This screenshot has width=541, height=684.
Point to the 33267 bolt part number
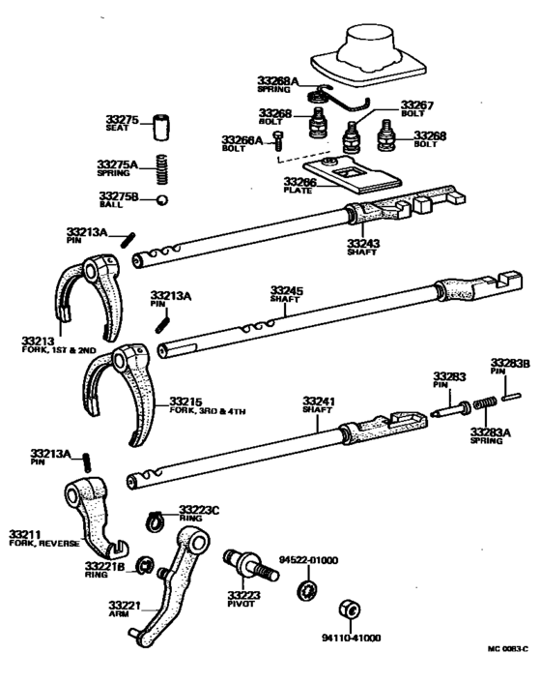418,104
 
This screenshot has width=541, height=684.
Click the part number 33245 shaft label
286,289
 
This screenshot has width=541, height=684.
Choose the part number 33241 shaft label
319,401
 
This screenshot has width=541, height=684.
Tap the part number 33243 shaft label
365,242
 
